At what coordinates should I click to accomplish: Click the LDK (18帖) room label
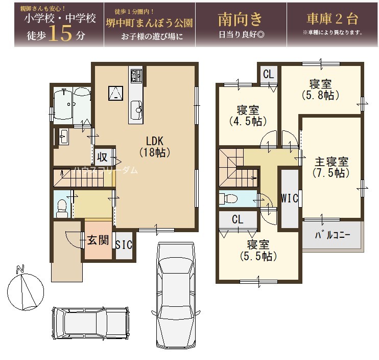(155, 147)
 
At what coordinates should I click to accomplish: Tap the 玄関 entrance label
(98, 240)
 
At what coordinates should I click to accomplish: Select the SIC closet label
(124, 245)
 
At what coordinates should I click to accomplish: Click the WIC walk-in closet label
(290, 198)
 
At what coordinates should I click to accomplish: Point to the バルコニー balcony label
(333, 235)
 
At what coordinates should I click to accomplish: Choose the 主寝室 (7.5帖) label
(331, 167)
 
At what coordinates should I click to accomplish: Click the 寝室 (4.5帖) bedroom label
(248, 116)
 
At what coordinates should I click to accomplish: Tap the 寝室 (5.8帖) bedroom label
(320, 89)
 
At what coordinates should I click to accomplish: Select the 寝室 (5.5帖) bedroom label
(258, 251)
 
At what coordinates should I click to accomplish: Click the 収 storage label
(102, 157)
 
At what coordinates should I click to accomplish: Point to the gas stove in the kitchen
(136, 75)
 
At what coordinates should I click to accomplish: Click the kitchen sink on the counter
(136, 110)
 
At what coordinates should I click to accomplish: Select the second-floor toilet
(228, 199)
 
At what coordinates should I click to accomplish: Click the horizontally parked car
(91, 324)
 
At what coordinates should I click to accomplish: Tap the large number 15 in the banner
(60, 33)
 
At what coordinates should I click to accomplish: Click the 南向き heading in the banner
(240, 19)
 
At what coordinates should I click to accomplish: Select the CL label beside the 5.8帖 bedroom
(269, 74)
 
